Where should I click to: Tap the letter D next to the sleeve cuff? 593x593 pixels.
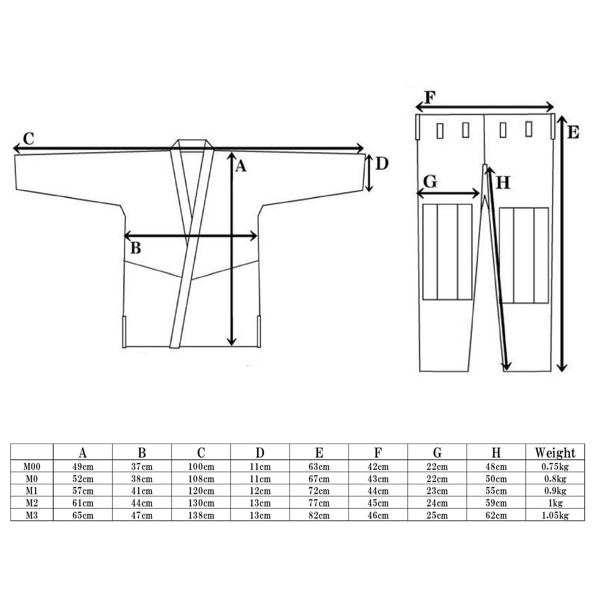(382, 164)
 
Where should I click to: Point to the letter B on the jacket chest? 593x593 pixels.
(136, 248)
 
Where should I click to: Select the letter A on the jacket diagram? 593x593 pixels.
(240, 167)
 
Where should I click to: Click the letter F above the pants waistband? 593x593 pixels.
(430, 98)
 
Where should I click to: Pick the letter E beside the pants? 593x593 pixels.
(573, 132)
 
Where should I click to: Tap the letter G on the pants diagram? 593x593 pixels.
(430, 182)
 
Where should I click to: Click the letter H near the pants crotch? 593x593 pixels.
(503, 183)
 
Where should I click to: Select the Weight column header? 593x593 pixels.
(555, 453)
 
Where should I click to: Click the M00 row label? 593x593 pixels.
(32, 467)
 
